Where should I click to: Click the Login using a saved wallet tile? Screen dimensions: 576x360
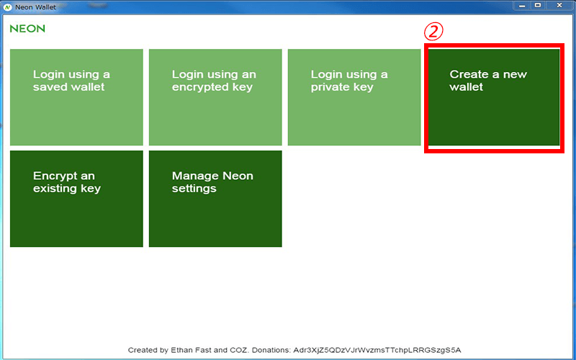[x=76, y=97]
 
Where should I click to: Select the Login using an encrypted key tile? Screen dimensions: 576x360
[x=215, y=97]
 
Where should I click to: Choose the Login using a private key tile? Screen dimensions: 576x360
[x=354, y=97]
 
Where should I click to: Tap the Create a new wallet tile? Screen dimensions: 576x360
[x=494, y=97]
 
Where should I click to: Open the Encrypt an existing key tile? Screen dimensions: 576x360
[x=76, y=199]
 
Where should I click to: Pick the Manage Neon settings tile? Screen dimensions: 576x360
[x=215, y=199]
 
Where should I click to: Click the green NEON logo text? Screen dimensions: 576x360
[x=27, y=29]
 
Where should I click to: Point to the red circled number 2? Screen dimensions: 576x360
[x=433, y=32]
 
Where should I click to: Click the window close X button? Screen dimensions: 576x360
[x=559, y=6]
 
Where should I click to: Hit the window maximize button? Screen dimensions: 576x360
[x=538, y=6]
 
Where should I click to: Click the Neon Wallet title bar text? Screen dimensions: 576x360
[x=35, y=7]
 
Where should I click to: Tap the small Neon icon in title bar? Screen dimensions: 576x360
[x=7, y=7]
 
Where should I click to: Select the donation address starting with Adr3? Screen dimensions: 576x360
[x=377, y=350]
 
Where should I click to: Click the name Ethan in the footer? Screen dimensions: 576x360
[x=181, y=350]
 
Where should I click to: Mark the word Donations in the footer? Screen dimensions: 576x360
[x=271, y=350]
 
